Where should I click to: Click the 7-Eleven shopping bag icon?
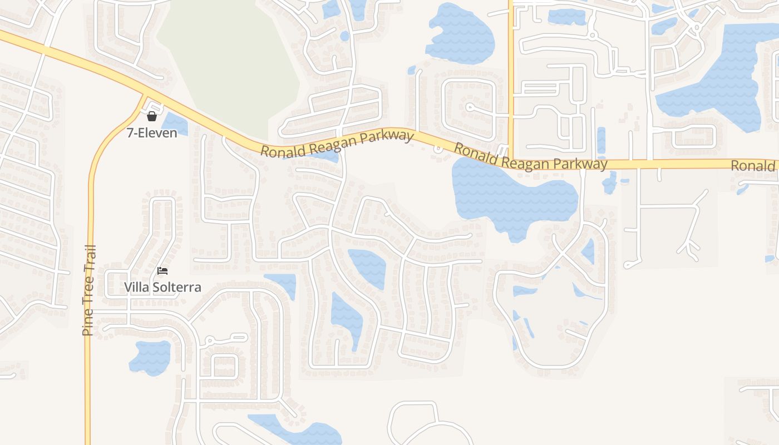[151, 116]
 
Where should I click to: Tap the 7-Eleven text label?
[152, 133]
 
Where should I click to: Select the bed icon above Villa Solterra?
[162, 271]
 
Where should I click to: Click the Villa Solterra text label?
[162, 288]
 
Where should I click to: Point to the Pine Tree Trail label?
[88, 290]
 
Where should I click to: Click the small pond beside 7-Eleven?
[174, 123]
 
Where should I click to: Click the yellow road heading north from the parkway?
[510, 67]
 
